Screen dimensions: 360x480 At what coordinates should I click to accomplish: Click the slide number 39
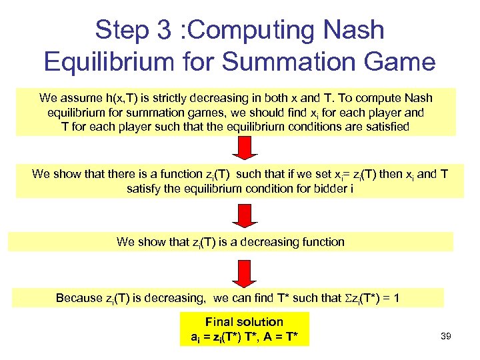pos(446,337)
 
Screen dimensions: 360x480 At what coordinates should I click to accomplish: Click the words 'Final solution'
pos(244,322)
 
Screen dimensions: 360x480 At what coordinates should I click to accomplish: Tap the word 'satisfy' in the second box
pos(144,188)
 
